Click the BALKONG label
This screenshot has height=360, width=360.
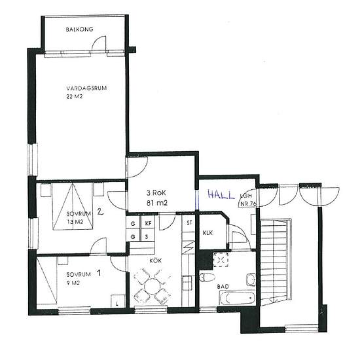point(79,29)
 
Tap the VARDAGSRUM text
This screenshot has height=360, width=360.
point(86,88)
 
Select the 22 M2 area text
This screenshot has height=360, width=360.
point(74,97)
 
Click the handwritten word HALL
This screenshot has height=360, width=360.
point(221,194)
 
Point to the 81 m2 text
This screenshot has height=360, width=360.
point(157,203)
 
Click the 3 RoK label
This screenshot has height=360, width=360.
point(156,193)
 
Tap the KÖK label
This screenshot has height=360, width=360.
point(155,261)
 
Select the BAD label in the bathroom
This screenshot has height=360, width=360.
point(223,287)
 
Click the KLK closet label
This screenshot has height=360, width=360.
point(207,233)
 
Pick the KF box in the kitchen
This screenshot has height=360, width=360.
point(148,223)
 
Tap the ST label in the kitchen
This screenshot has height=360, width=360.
point(189,223)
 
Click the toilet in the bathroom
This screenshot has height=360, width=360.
point(207,277)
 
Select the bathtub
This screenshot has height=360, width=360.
point(237,298)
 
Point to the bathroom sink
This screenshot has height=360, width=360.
point(251,279)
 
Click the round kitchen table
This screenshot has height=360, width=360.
point(151,285)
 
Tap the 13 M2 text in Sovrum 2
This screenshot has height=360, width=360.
point(75,222)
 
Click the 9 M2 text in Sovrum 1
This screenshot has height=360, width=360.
point(73,283)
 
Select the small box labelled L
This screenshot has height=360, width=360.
point(118,301)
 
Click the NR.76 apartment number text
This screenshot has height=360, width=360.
point(248,204)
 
